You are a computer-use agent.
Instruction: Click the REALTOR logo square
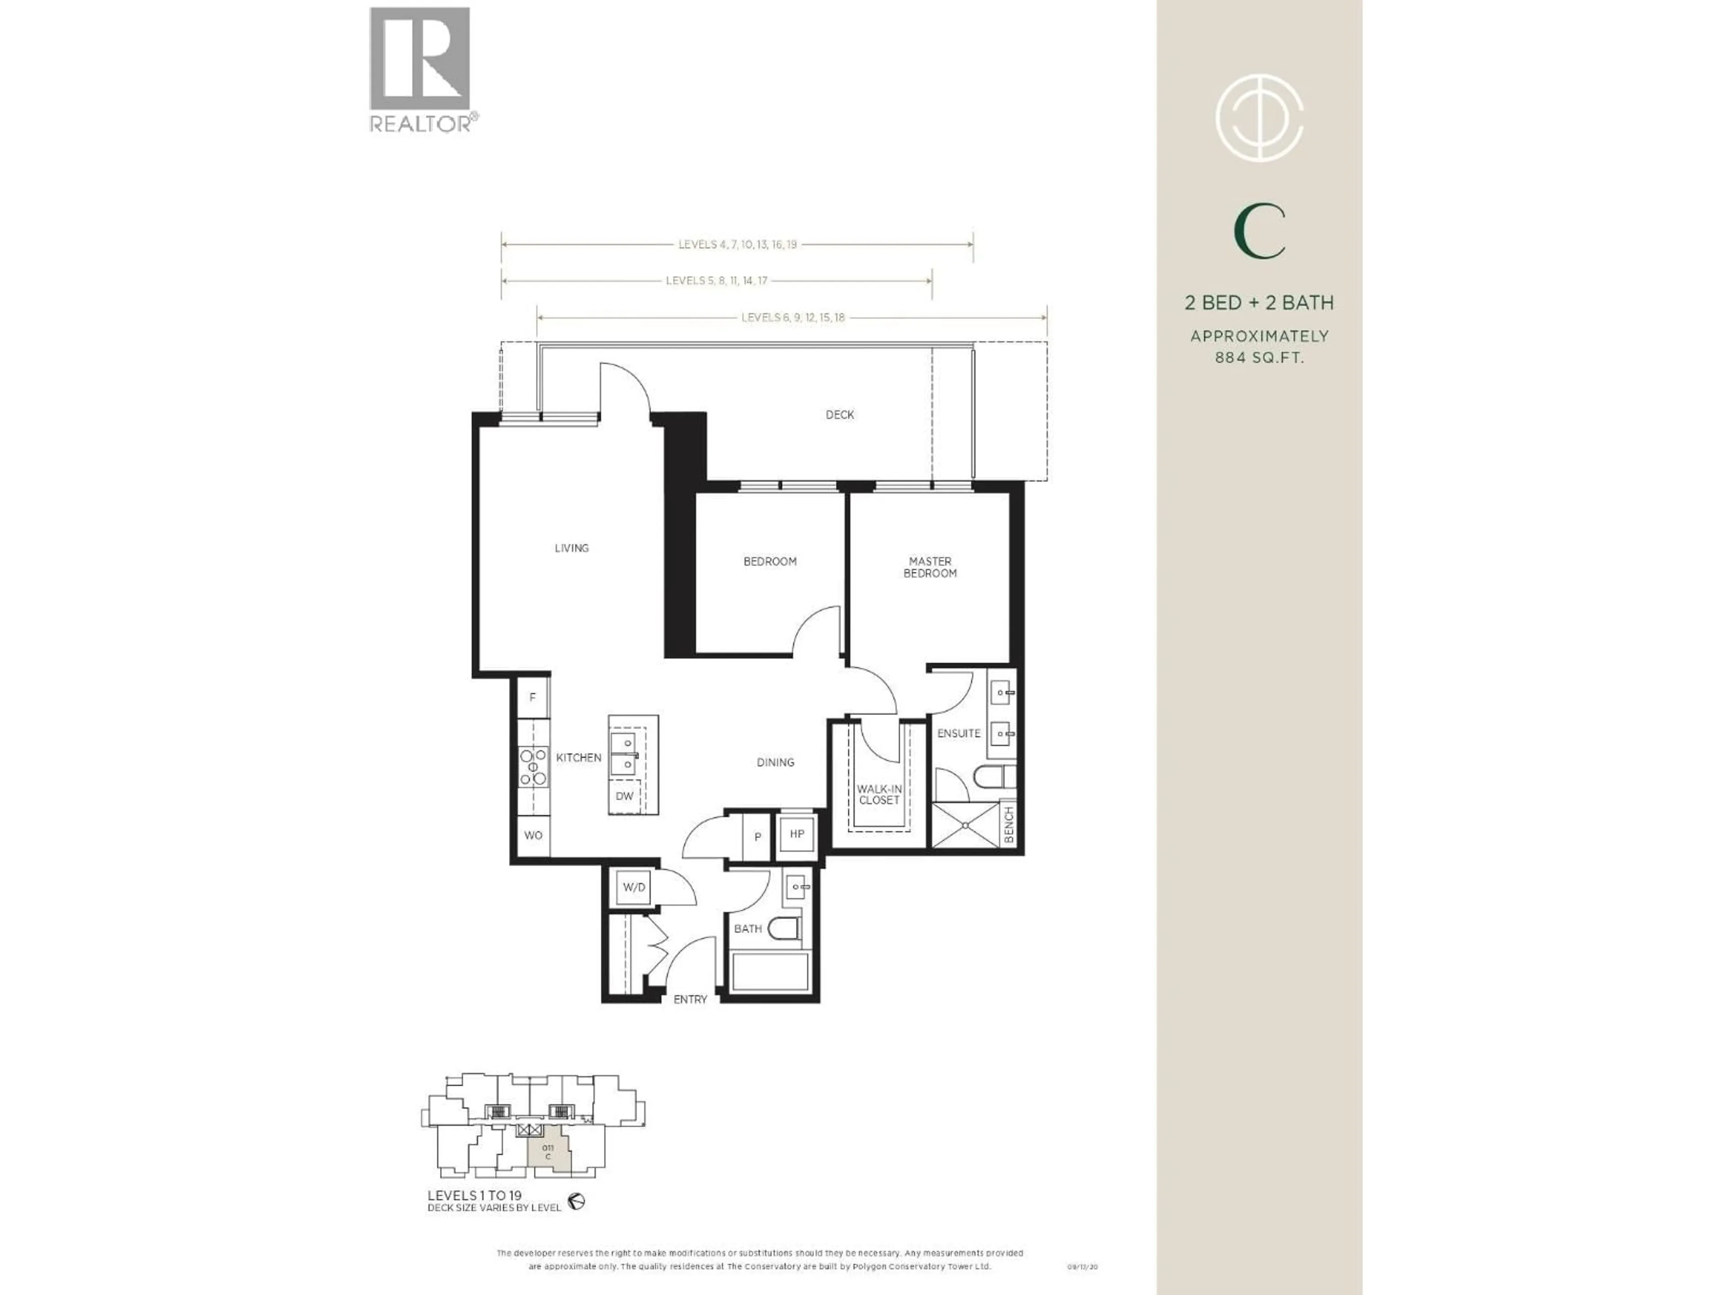pos(420,58)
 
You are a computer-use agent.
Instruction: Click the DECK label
pos(840,415)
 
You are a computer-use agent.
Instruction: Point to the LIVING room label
pos(571,548)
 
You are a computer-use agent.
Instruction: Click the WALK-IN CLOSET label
pos(879,795)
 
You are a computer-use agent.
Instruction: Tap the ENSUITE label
pos(958,733)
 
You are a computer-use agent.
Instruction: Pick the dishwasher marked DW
pos(624,796)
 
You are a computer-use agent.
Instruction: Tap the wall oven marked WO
pos(533,835)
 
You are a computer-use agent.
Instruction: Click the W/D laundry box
pos(634,888)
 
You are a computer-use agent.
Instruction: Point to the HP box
pos(796,834)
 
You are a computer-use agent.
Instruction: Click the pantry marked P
pos(757,837)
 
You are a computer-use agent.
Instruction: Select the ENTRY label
pos(690,999)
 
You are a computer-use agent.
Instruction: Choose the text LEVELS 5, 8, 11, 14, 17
pos(716,280)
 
